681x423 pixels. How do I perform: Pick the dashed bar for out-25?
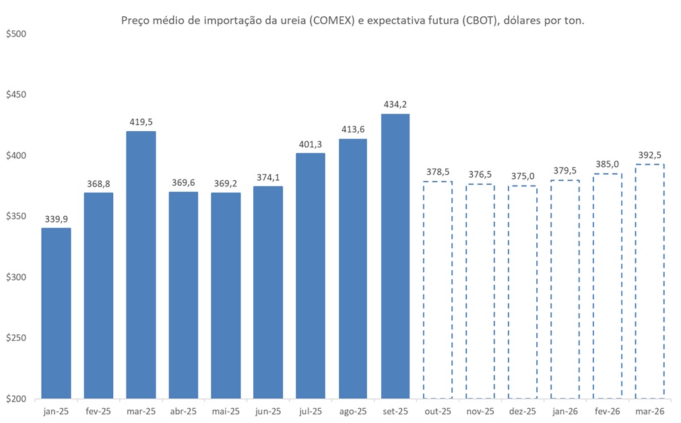tap(438, 289)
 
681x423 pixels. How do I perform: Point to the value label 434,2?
tap(395, 104)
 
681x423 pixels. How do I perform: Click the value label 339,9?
tap(56, 219)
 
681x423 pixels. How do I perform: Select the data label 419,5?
tap(141, 122)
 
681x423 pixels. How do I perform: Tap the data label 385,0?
tap(607, 164)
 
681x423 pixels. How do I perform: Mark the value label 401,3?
tap(311, 143)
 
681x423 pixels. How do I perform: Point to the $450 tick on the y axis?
tap(15, 95)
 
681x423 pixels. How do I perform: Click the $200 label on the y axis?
tap(15, 399)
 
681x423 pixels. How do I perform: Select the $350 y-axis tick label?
tap(15, 217)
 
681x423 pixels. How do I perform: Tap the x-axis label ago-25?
tap(352, 411)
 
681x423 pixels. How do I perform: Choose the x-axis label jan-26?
tap(564, 411)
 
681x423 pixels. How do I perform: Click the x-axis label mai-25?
tap(225, 411)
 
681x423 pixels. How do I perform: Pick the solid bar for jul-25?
tap(311, 276)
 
